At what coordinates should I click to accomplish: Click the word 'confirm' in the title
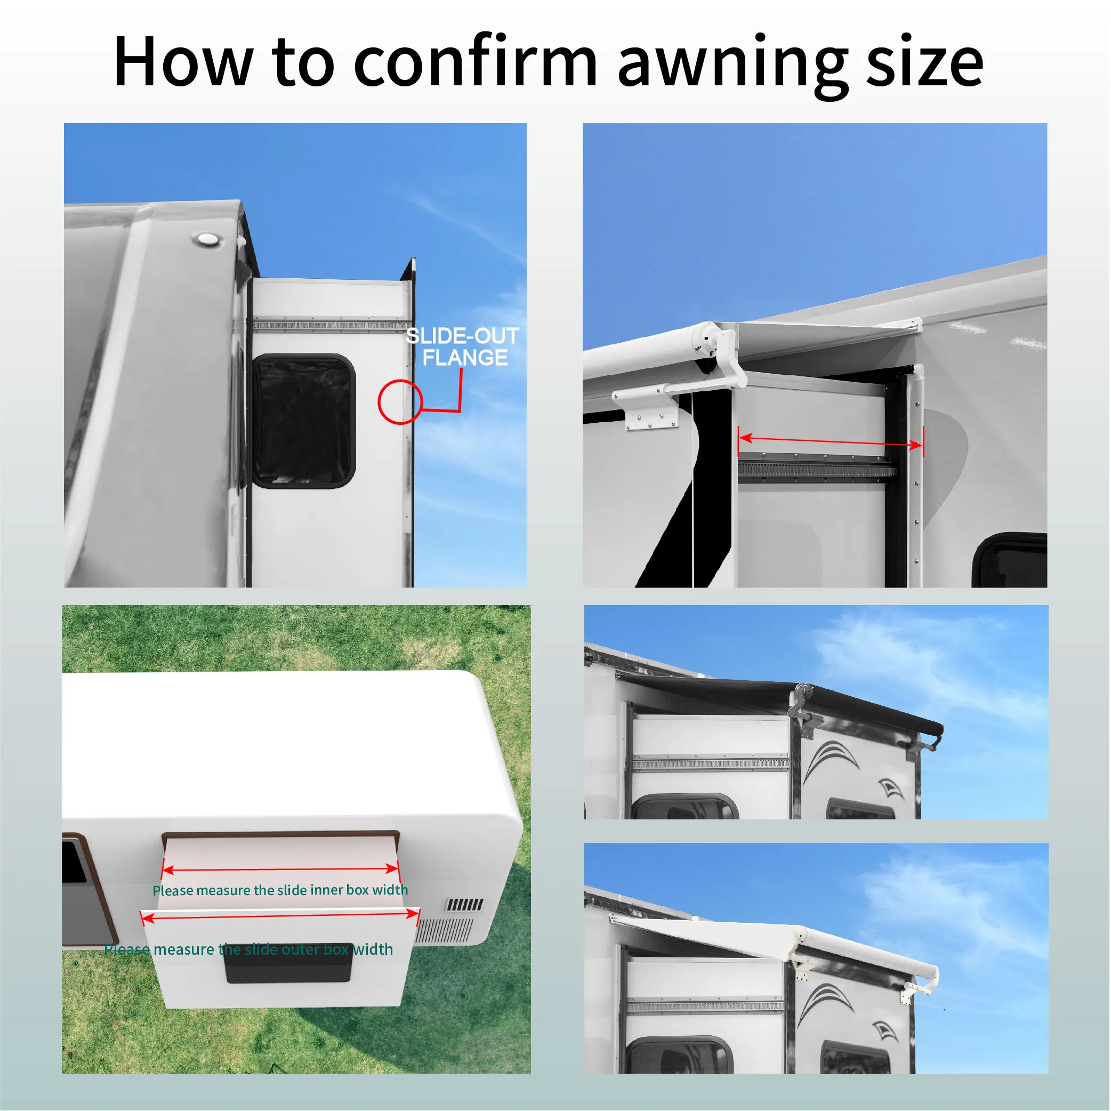475,62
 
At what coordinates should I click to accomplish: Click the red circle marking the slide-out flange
400,402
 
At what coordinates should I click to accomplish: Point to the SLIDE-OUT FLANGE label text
463,347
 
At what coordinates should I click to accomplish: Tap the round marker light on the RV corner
205,239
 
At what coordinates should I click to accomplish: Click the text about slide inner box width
280,890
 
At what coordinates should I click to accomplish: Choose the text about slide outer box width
248,949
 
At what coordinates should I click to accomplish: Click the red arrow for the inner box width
280,870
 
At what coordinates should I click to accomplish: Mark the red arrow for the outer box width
280,915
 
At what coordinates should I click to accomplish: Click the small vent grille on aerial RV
465,905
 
